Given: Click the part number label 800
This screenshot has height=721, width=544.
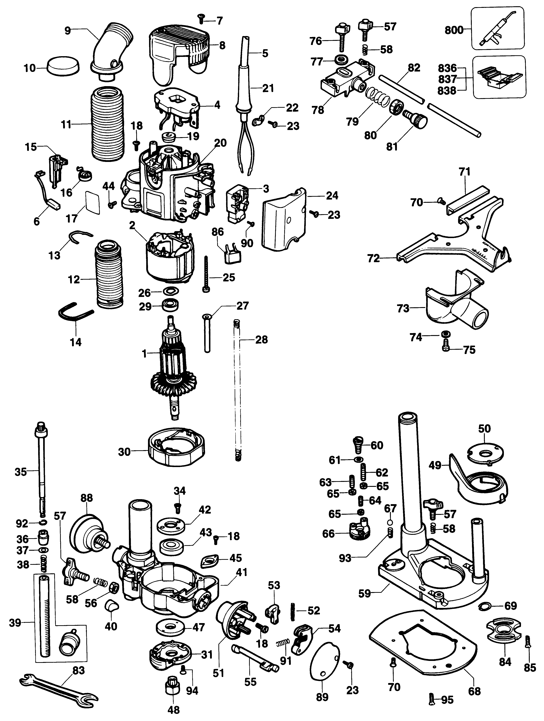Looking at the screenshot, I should [454, 30].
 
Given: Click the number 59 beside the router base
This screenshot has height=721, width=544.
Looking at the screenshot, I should [364, 593].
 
